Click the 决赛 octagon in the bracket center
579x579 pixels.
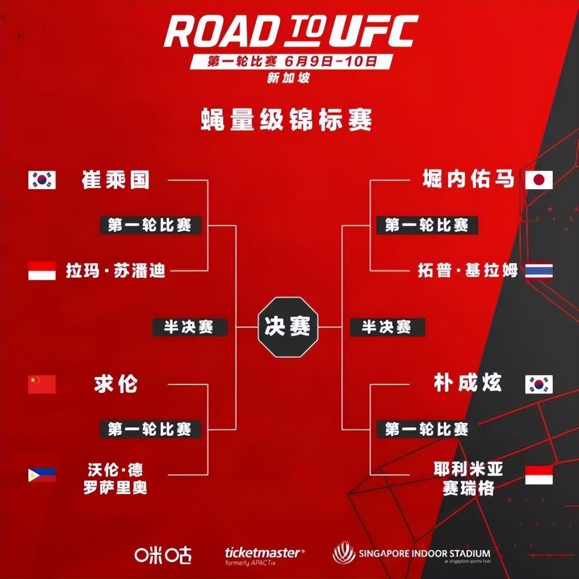point(288,327)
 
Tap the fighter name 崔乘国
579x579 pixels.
point(116,180)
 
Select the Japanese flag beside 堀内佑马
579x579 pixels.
point(539,180)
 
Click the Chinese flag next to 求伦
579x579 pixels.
point(42,384)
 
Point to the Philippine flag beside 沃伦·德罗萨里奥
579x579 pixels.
point(42,475)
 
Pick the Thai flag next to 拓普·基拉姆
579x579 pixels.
point(539,271)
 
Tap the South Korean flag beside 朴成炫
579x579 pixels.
point(539,384)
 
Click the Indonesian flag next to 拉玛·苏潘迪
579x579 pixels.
point(42,271)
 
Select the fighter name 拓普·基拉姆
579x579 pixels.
point(467,271)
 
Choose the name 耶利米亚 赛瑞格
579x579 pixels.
point(468,479)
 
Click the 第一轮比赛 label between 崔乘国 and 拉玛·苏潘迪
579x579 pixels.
point(150,225)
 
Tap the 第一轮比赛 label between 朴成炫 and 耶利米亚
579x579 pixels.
point(427,429)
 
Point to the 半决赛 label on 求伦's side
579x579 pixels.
point(189,327)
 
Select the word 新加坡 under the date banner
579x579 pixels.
point(288,78)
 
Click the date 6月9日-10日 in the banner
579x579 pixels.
point(331,61)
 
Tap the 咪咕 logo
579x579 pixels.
point(163,555)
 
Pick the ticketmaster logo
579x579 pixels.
point(264,554)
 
